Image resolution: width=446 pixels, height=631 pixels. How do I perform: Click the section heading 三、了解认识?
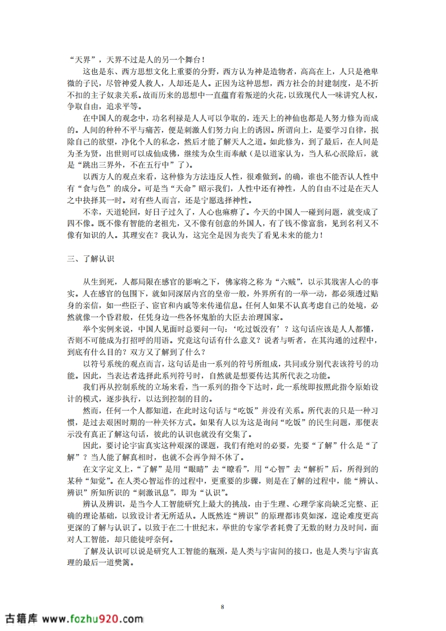pos(91,258)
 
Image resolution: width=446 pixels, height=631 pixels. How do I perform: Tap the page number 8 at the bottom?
pos(223,606)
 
